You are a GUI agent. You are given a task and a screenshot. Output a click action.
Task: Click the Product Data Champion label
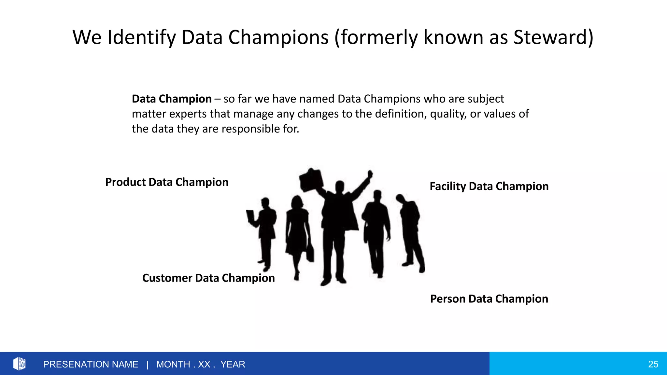coord(167,182)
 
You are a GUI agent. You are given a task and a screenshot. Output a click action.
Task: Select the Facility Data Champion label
coord(489,186)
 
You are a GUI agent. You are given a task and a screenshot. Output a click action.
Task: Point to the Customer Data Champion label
coord(208,278)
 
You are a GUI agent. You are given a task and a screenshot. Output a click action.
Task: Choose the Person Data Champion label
coord(489,299)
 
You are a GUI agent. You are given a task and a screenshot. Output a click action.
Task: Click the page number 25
coord(653,364)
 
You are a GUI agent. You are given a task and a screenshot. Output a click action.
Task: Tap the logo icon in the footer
coord(19,364)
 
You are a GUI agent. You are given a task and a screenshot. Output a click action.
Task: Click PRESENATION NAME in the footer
coord(91,364)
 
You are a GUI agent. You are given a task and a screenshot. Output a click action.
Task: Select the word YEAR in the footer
coord(233,364)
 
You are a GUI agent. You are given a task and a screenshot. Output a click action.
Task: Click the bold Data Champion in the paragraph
coord(172,99)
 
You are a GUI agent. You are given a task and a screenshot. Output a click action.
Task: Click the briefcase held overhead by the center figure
coord(311,180)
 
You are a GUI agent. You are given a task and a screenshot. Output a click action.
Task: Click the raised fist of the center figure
coord(370,174)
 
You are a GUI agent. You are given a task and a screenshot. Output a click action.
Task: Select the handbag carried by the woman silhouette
coord(310,253)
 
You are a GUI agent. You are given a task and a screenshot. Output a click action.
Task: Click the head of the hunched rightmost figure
coord(400,198)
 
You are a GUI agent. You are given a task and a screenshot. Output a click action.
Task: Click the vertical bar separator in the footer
coord(147,364)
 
